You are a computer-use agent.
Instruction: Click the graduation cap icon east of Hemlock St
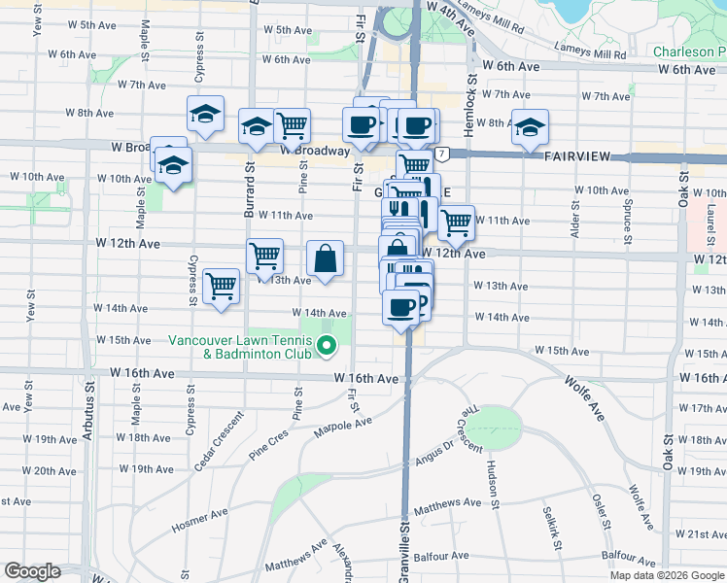[x=530, y=127]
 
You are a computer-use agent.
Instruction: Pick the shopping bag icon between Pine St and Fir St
[x=326, y=258]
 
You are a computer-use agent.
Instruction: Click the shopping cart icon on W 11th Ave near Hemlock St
[x=456, y=223]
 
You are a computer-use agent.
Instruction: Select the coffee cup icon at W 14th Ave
[x=401, y=308]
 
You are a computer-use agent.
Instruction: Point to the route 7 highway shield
[x=442, y=154]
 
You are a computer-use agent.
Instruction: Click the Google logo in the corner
[x=32, y=571]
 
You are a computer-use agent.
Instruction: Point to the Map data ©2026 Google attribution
[x=667, y=575]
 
